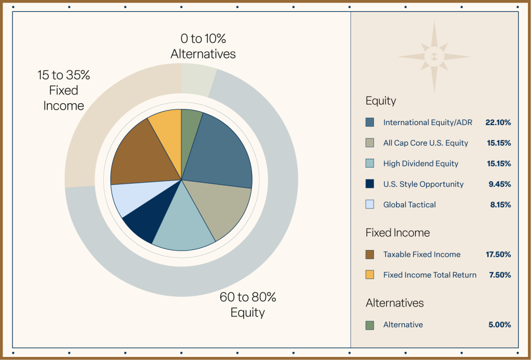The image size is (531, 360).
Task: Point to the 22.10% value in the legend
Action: (498, 122)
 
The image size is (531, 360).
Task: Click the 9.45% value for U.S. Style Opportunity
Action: (500, 184)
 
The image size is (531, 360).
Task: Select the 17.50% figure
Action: (498, 255)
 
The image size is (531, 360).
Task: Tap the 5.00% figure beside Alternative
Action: (500, 325)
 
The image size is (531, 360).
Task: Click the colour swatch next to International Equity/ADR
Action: (370, 122)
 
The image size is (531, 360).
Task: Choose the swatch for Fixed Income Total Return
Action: (370, 275)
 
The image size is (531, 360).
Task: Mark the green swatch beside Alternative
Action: (370, 325)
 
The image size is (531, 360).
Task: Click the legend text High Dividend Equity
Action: (421, 163)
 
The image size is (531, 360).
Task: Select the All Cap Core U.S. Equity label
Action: (425, 143)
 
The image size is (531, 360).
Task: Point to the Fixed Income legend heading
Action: (397, 233)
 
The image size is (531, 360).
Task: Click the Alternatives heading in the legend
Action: (395, 303)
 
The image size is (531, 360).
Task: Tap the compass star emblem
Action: (435, 57)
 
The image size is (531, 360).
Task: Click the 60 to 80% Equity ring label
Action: (247, 305)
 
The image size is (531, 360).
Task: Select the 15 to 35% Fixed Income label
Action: (64, 90)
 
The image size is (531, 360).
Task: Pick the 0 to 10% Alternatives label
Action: (203, 46)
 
